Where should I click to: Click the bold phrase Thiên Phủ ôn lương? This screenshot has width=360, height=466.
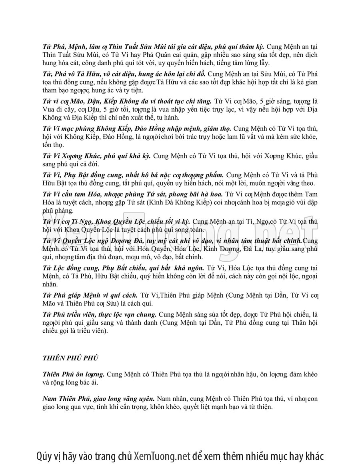coord(74,374)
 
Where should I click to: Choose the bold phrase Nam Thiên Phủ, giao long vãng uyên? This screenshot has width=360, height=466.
coord(98,399)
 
